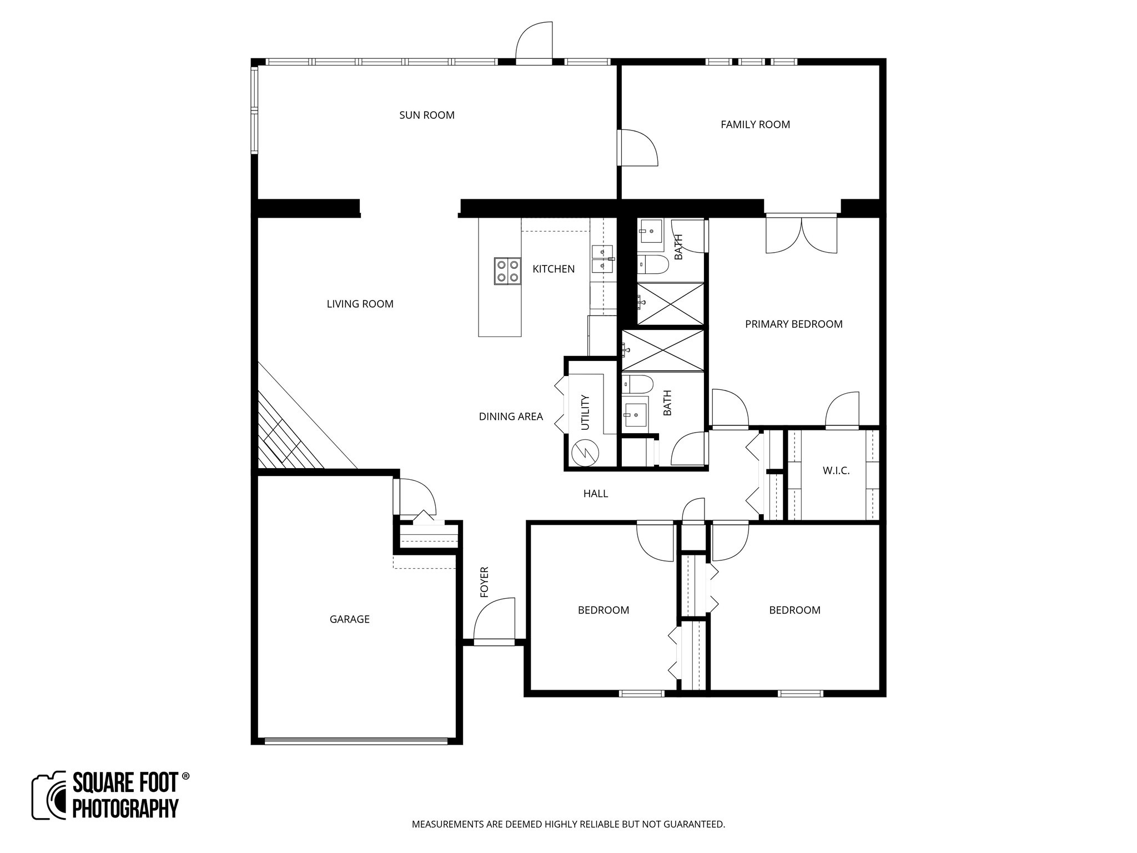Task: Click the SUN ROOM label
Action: pos(427,115)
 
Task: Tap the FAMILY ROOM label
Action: pos(755,124)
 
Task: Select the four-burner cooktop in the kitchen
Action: pos(507,271)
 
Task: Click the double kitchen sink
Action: pos(602,259)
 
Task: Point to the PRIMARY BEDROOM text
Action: pos(793,324)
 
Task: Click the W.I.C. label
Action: pos(836,471)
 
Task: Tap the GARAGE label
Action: pos(349,619)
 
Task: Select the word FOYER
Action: pos(484,582)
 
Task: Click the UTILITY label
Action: pos(585,412)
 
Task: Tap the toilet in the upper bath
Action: pos(653,265)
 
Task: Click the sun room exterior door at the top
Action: pos(534,42)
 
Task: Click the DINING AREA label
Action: pos(511,417)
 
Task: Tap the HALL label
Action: pos(595,493)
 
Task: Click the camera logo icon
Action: pos(49,796)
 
